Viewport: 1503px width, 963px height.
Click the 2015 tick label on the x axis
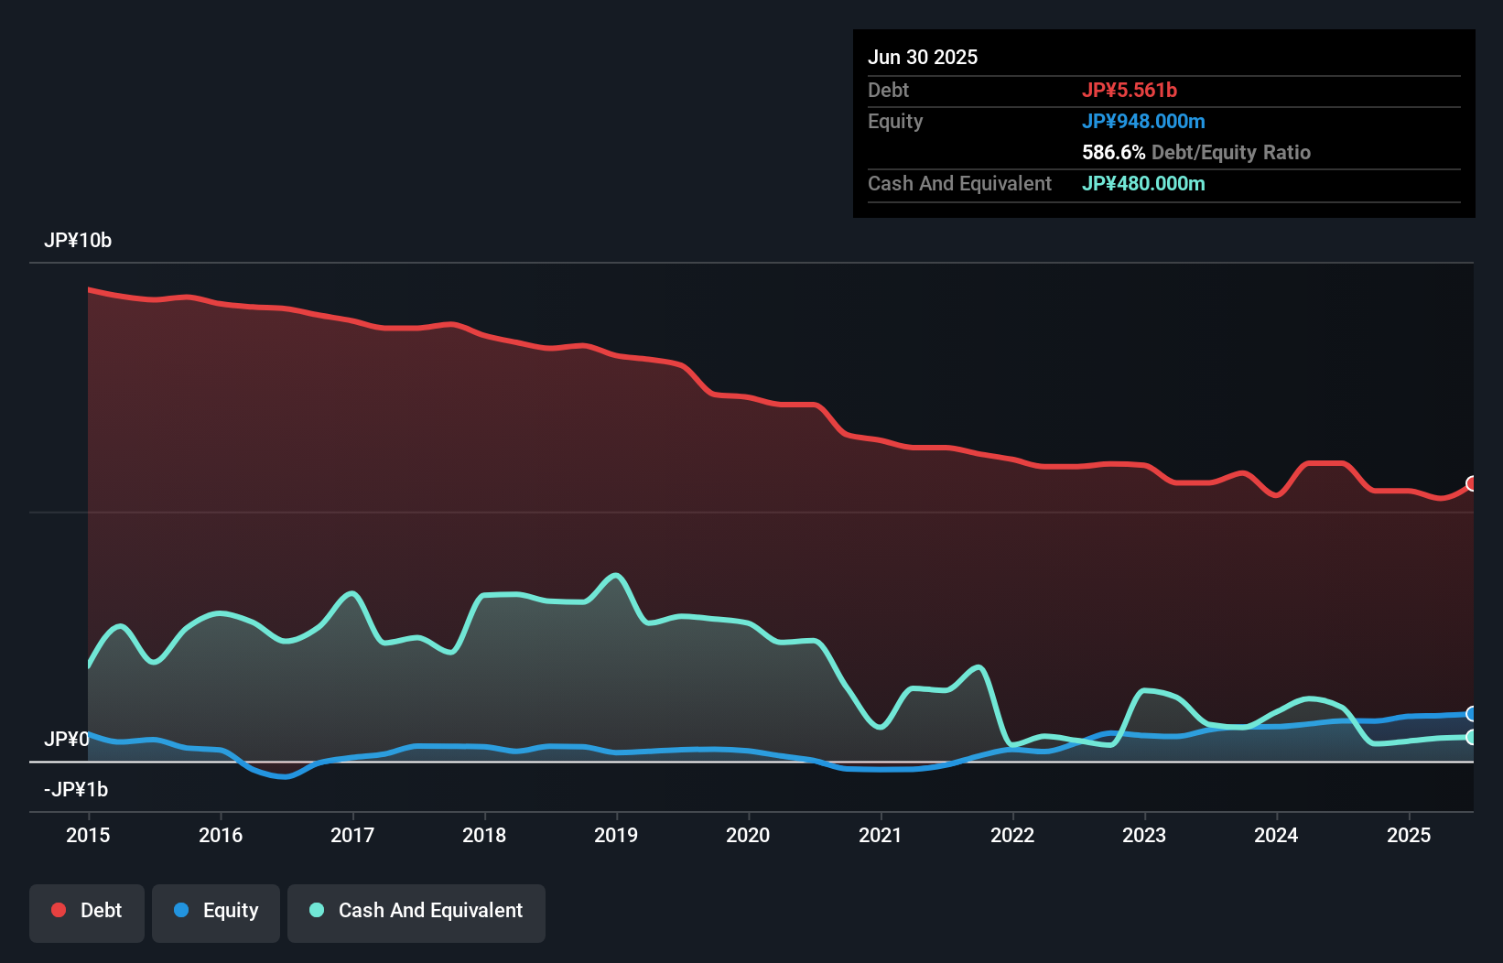tap(88, 835)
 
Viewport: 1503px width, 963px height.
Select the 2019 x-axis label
tap(616, 835)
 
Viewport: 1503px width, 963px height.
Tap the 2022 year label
tap(1012, 835)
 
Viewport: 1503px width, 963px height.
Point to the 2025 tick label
tap(1409, 835)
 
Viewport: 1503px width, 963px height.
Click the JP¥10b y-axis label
tap(78, 241)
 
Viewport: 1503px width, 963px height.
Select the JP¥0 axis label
tap(66, 739)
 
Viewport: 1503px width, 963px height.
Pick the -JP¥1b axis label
tap(75, 789)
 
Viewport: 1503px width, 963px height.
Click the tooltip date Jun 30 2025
tap(923, 58)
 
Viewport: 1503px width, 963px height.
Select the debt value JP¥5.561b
tap(1130, 91)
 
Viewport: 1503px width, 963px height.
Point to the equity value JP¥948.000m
tap(1143, 122)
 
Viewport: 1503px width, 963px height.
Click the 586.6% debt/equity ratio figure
tap(1113, 153)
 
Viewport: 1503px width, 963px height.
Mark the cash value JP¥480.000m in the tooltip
tap(1143, 184)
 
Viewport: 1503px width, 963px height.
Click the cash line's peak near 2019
tap(617, 576)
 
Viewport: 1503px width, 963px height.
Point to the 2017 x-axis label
tap(352, 835)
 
